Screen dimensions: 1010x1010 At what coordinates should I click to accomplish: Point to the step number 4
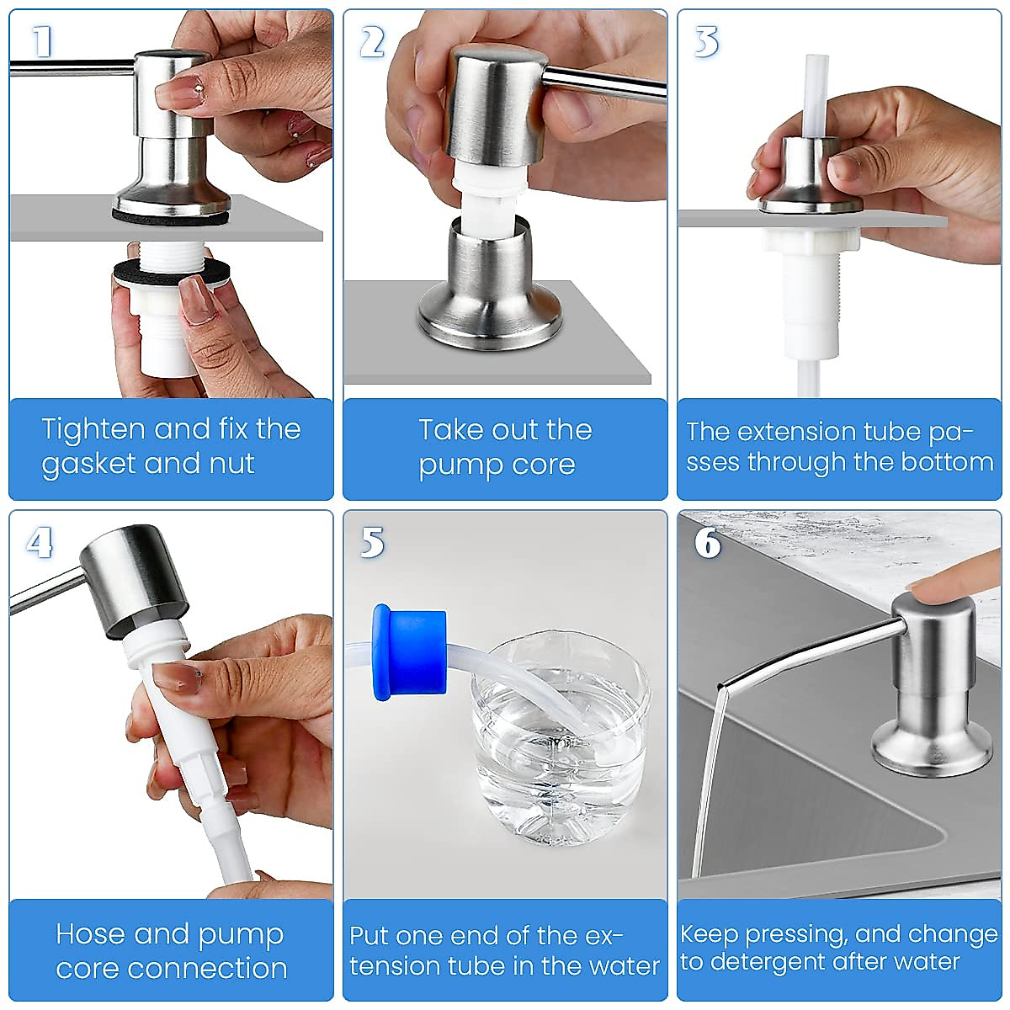click(x=39, y=543)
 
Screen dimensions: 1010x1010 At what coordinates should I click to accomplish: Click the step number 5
click(x=372, y=543)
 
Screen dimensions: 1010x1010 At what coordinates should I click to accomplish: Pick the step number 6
click(x=708, y=543)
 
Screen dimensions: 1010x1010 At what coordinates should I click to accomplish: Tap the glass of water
click(x=560, y=741)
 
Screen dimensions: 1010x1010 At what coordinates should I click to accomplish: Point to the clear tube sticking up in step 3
click(x=816, y=93)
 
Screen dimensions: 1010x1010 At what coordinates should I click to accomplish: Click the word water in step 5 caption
click(x=628, y=966)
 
